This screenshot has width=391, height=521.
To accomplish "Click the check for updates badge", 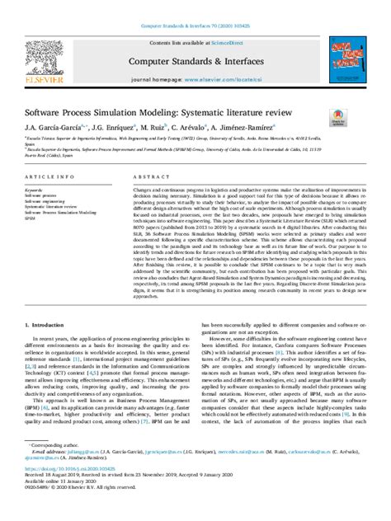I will click(x=337, y=119).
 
